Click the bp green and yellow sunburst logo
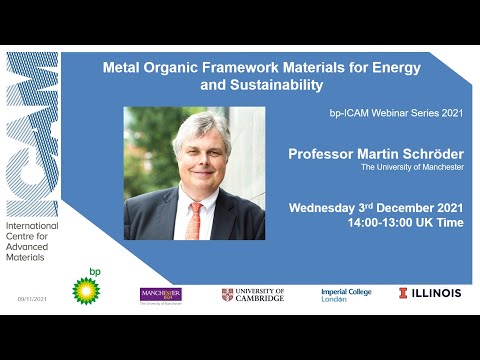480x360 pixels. tap(86, 290)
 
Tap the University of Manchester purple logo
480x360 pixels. tap(160, 294)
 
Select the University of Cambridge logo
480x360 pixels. tap(253, 294)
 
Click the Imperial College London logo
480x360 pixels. tap(346, 294)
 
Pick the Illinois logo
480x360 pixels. tap(430, 293)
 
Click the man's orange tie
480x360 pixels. tap(195, 219)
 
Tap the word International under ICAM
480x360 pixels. tap(32, 226)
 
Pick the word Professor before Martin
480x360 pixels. tap(323, 154)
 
